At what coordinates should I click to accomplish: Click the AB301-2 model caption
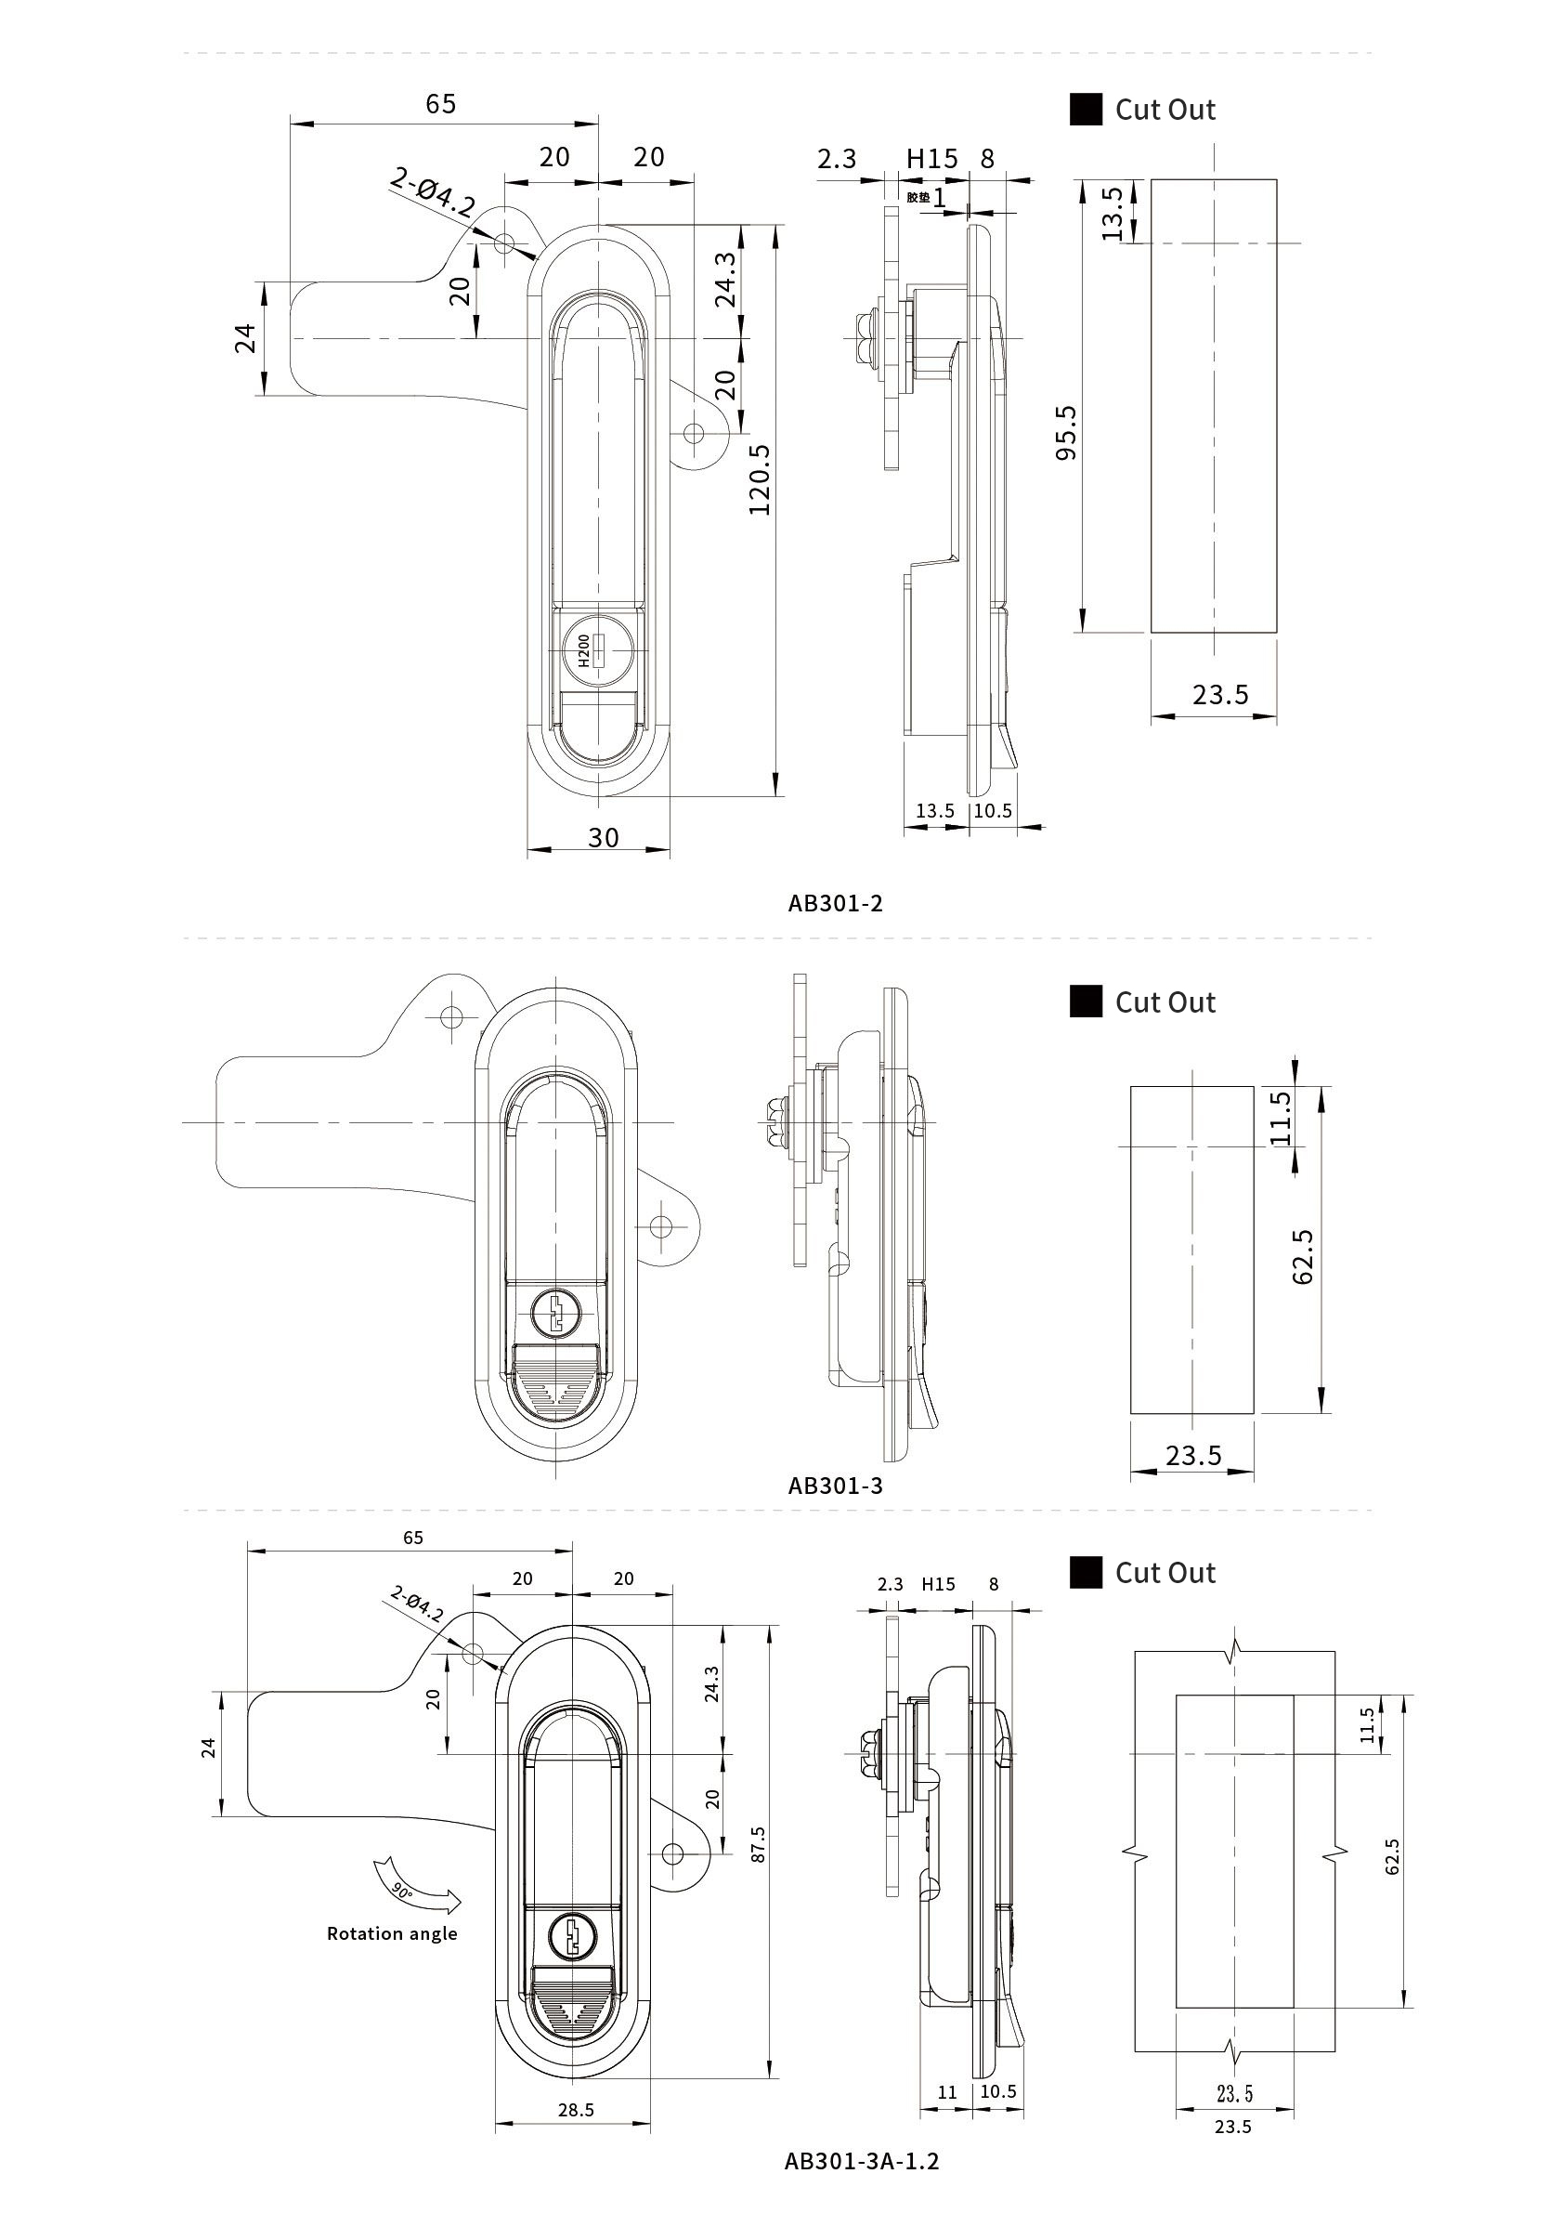835,903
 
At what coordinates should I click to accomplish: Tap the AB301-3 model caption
835,1486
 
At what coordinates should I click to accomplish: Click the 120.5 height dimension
761,479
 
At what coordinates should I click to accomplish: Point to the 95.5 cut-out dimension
1067,433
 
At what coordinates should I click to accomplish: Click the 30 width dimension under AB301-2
604,838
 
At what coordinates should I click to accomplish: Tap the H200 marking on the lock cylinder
583,650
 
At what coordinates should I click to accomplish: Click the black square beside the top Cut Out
1086,109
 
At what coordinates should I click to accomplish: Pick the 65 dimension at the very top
440,104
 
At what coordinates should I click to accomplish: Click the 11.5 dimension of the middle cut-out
1281,1117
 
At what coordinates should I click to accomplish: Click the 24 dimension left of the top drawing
247,338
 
